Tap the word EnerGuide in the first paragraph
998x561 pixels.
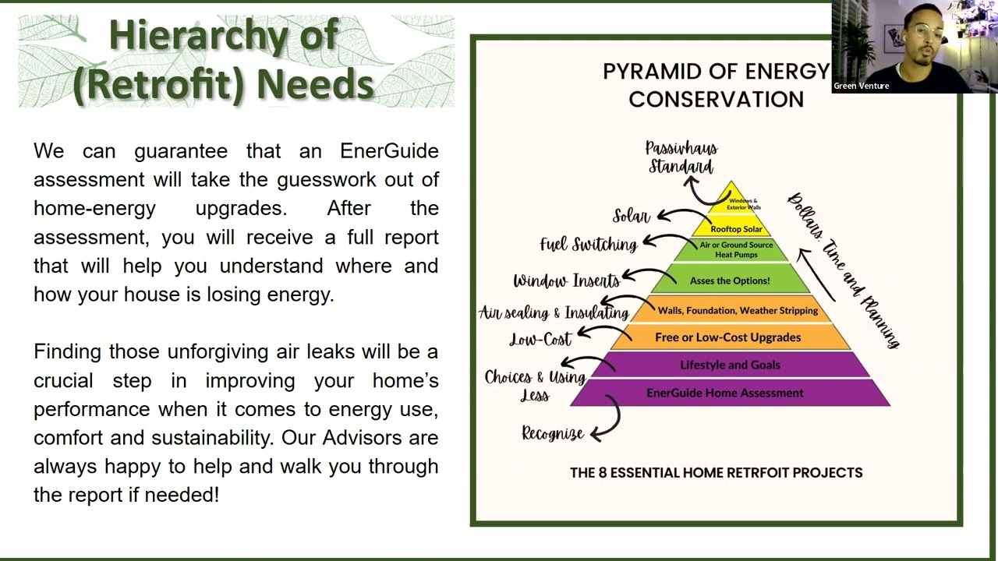click(389, 150)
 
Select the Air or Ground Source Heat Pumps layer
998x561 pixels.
click(736, 249)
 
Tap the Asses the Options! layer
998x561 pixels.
click(730, 280)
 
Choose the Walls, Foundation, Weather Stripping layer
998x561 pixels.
click(738, 310)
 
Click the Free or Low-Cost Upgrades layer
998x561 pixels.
click(727, 337)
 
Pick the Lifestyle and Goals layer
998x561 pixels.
click(730, 365)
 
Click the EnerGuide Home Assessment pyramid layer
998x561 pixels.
click(724, 393)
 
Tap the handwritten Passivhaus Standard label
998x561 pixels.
click(681, 157)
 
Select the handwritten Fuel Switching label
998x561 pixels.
click(588, 245)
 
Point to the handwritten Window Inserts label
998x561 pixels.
click(566, 280)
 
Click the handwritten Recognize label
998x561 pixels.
click(552, 434)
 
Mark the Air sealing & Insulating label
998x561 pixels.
click(554, 312)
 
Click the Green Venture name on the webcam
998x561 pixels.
click(861, 86)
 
